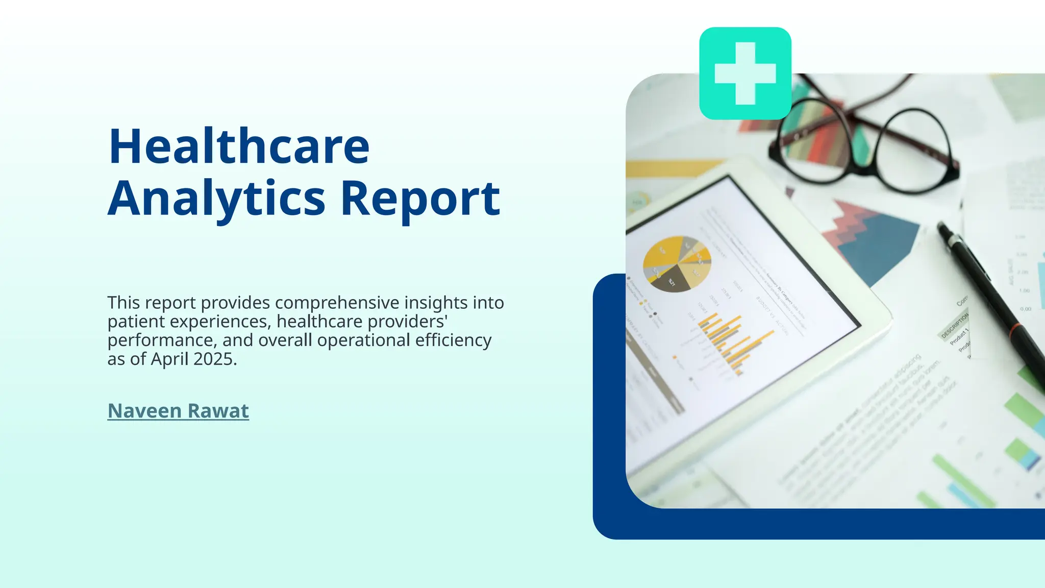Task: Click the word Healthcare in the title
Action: [x=239, y=147]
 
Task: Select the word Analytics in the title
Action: [x=216, y=199]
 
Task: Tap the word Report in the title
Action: [x=420, y=199]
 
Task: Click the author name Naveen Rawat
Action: [x=178, y=411]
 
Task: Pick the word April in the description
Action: [x=169, y=359]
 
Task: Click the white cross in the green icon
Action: [x=745, y=73]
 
